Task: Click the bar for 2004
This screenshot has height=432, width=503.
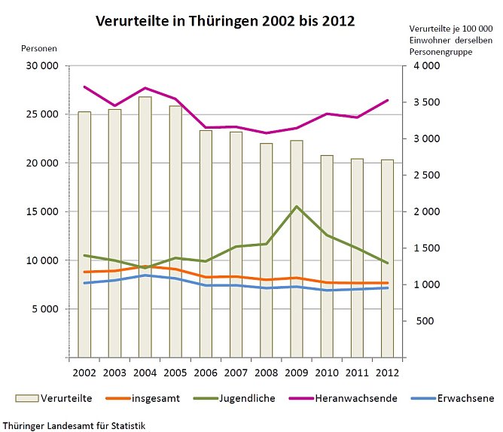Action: point(145,226)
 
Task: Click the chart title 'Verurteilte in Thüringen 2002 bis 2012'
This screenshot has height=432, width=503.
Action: point(225,21)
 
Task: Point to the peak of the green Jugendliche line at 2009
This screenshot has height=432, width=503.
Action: point(297,206)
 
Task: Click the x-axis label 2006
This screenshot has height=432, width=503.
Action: point(206,371)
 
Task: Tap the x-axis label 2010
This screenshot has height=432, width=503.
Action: point(327,371)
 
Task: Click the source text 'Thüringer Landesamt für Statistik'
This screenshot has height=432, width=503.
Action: point(74,425)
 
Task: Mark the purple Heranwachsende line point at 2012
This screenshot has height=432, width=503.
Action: point(388,100)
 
